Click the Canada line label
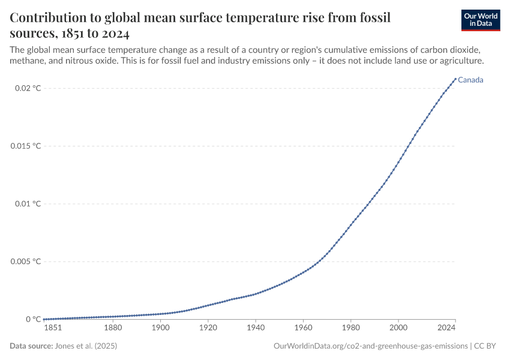coord(470,80)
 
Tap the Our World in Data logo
coord(481,20)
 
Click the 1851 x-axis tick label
coord(52,328)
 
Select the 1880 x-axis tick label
coord(112,328)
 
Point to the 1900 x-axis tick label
coord(160,328)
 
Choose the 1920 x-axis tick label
coord(208,328)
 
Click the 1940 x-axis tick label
coord(255,328)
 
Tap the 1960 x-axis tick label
coord(303,328)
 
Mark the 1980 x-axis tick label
coord(350,328)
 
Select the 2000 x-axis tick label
coord(398,328)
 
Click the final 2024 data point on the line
coord(455,79)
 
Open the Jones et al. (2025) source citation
coord(86,346)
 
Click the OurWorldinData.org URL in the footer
coord(371,346)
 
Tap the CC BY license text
coord(487,346)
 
